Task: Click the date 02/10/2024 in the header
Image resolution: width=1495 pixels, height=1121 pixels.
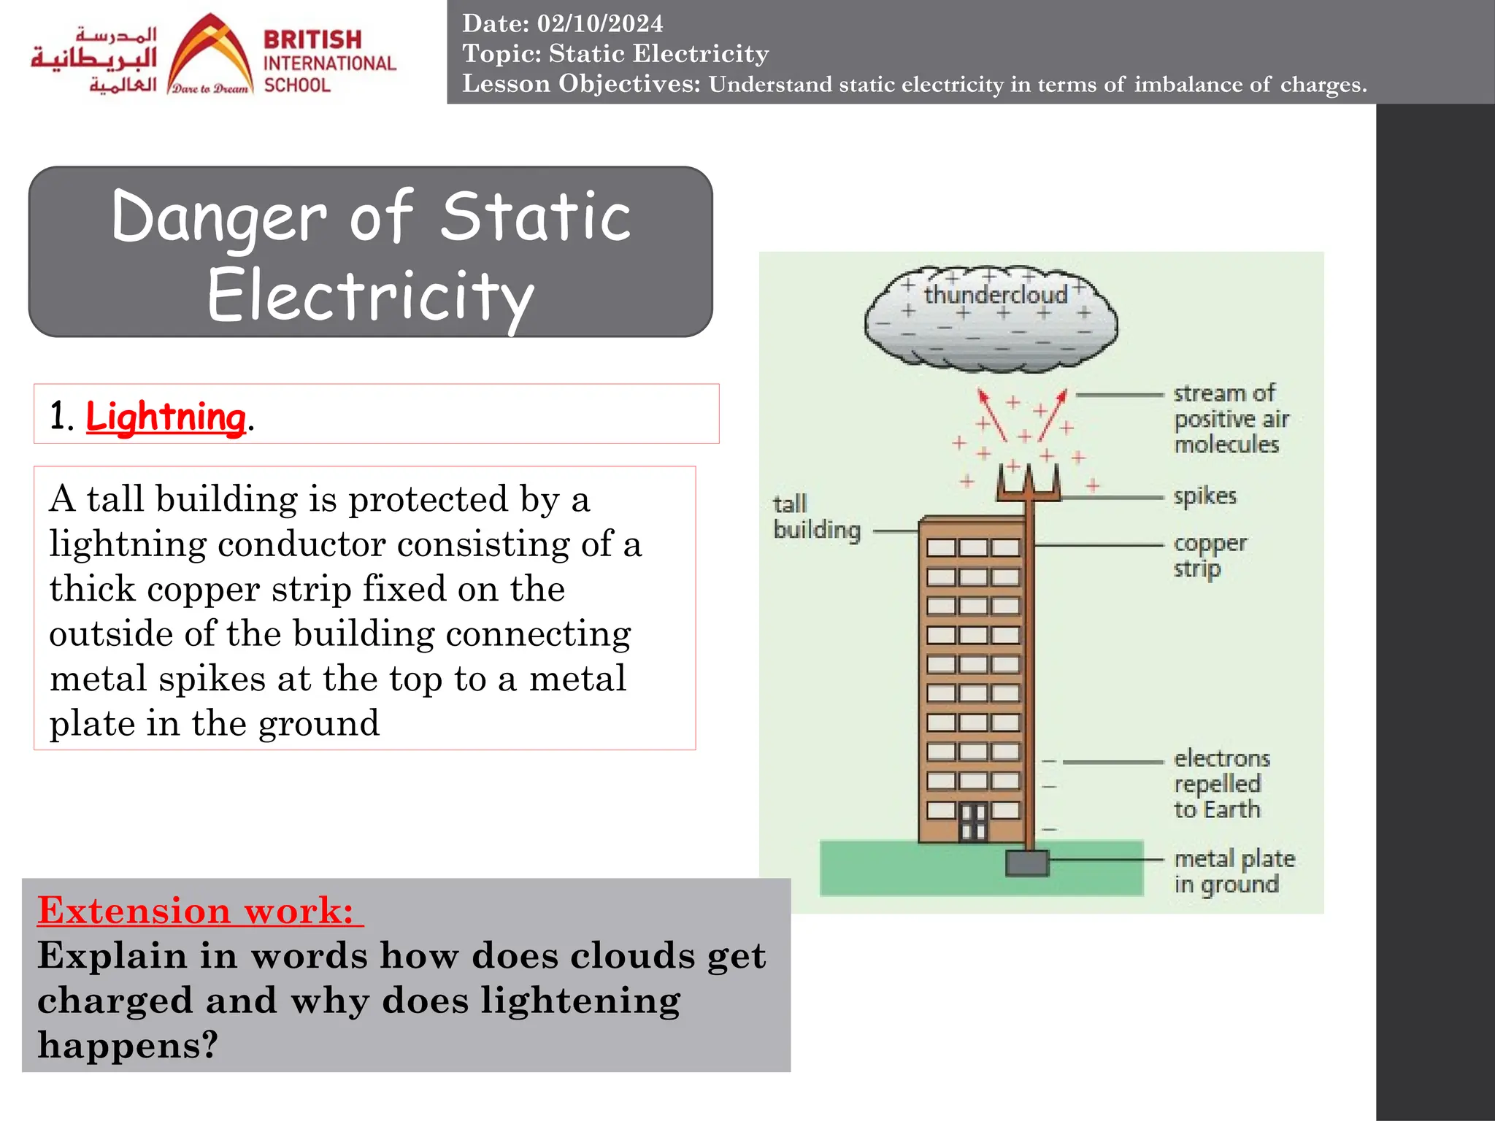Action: point(599,23)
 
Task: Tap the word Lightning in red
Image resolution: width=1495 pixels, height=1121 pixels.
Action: point(166,417)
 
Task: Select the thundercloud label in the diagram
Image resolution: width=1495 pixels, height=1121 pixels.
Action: point(996,295)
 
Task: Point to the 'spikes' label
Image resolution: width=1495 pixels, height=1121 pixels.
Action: point(1204,496)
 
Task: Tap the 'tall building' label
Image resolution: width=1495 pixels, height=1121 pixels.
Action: point(816,517)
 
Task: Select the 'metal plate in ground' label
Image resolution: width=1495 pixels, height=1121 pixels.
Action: point(1234,871)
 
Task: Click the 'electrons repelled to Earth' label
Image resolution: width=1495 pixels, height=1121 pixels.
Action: point(1221,784)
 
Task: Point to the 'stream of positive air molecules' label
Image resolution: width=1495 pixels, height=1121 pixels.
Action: point(1230,419)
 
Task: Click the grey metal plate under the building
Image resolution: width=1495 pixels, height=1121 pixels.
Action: point(1027,863)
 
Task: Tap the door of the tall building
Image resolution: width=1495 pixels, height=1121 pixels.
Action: point(972,823)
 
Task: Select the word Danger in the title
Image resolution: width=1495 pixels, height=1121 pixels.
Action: point(219,217)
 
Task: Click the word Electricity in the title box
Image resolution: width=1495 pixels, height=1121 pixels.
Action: point(371,296)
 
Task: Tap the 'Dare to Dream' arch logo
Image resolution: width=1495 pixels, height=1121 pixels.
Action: point(210,55)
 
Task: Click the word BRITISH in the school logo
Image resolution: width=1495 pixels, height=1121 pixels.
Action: point(312,39)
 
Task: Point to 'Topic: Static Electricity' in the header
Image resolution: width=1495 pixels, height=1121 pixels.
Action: point(615,53)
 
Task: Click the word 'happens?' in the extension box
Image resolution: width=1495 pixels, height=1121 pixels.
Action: point(128,1044)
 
